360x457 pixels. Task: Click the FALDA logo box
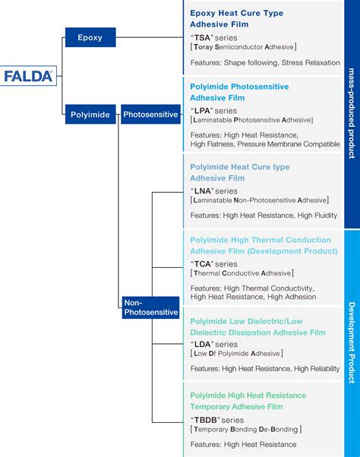coord(28,76)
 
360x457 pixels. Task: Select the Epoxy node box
coord(90,36)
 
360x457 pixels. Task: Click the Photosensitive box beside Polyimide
coord(150,115)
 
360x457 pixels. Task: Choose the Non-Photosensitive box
coord(150,307)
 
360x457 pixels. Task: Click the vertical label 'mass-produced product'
coord(352,113)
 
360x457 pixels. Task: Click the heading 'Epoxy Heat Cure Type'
coord(237,13)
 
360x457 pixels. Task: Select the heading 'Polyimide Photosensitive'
coord(239,87)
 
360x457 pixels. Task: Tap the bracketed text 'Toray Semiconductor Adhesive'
coord(243,47)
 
